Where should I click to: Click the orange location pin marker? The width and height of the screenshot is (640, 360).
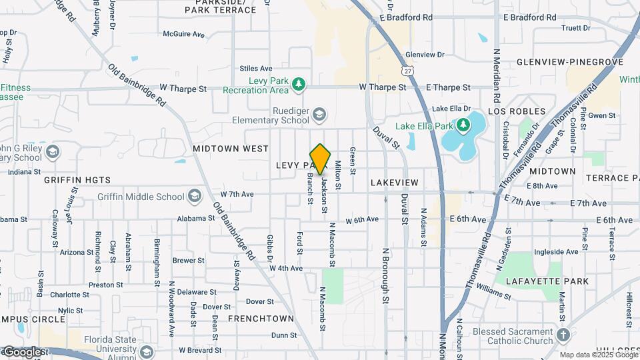(x=321, y=159)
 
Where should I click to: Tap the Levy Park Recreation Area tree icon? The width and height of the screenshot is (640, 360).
(x=299, y=84)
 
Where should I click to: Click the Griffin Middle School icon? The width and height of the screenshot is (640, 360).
(x=194, y=196)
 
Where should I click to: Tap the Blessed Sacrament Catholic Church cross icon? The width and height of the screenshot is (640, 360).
(x=563, y=335)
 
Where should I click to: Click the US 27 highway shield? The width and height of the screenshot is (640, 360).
(x=407, y=70)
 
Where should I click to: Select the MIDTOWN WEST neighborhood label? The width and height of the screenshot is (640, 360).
(x=231, y=149)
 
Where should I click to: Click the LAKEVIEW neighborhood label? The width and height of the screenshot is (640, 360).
(x=395, y=183)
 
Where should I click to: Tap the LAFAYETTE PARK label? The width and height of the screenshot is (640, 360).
(x=547, y=281)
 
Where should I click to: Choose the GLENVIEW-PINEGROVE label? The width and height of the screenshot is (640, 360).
(x=570, y=62)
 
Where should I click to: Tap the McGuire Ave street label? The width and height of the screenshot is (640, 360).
(x=183, y=33)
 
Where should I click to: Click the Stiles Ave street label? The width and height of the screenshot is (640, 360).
(x=256, y=68)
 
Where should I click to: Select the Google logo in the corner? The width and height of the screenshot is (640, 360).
(x=23, y=351)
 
